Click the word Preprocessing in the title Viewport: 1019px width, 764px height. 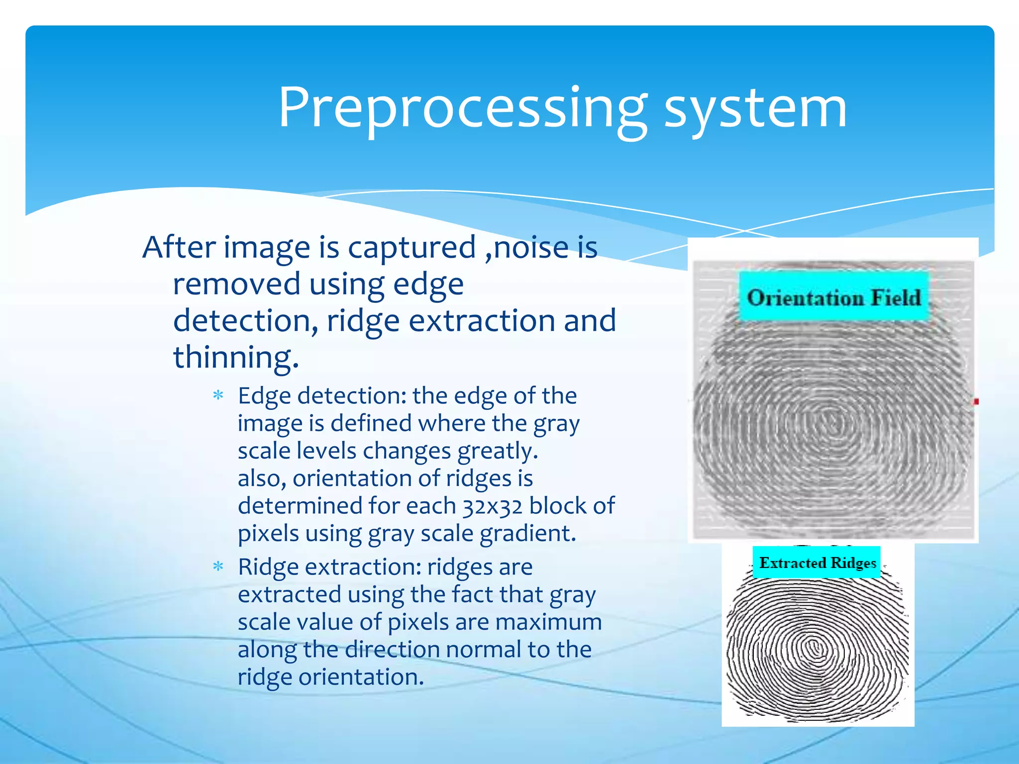tap(463, 108)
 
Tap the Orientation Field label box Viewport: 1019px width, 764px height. tap(834, 297)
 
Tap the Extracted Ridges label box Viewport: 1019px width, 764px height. tap(816, 563)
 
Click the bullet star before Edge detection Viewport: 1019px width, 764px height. tap(218, 396)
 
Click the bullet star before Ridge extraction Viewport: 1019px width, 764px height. tap(218, 567)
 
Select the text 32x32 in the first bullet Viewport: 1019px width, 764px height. tap(492, 506)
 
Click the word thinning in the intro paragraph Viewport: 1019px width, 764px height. tap(235, 357)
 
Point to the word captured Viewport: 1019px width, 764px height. tap(411, 247)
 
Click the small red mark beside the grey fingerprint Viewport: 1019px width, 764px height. tap(976, 401)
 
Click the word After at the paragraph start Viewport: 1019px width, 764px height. tap(179, 247)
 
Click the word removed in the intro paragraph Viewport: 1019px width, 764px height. tap(236, 284)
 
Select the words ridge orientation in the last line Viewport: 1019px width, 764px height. tap(330, 677)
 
